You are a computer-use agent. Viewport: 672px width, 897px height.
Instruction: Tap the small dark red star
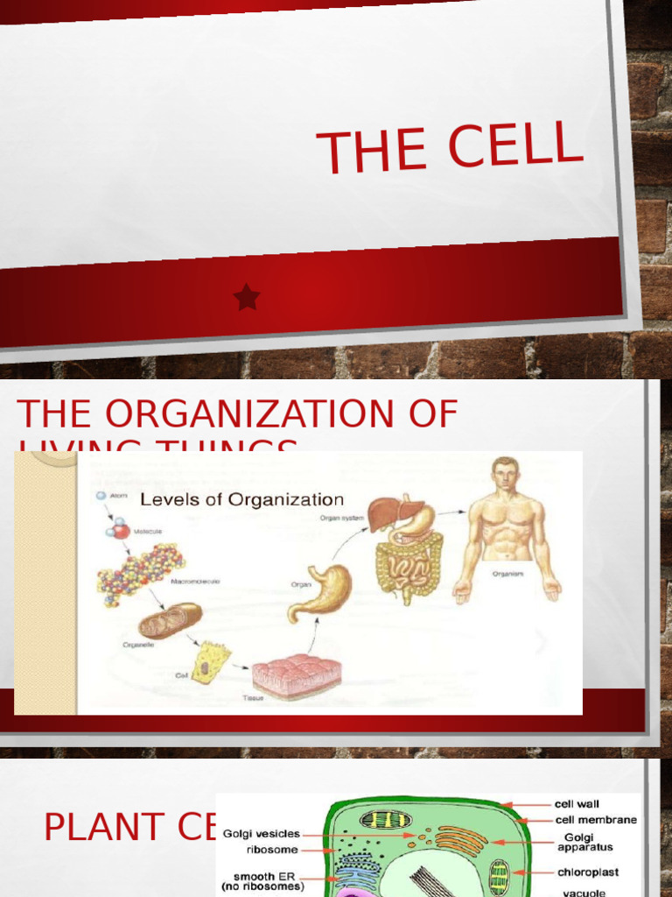click(247, 298)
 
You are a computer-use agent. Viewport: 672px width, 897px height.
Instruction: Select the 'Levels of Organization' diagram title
click(242, 500)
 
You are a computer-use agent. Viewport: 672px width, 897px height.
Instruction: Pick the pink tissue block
click(297, 675)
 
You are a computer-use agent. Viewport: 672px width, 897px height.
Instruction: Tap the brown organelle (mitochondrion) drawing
click(170, 620)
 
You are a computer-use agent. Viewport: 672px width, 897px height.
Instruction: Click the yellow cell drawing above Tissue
click(210, 662)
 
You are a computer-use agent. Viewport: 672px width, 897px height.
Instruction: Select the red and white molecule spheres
click(118, 528)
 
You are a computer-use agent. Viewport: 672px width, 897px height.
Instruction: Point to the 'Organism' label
click(507, 574)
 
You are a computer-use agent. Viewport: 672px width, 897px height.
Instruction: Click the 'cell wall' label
click(577, 803)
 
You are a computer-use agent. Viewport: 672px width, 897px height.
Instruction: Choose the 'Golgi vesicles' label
click(262, 834)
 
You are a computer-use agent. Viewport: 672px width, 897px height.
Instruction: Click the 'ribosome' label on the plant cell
click(272, 850)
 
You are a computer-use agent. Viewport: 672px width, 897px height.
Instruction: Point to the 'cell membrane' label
click(596, 820)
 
